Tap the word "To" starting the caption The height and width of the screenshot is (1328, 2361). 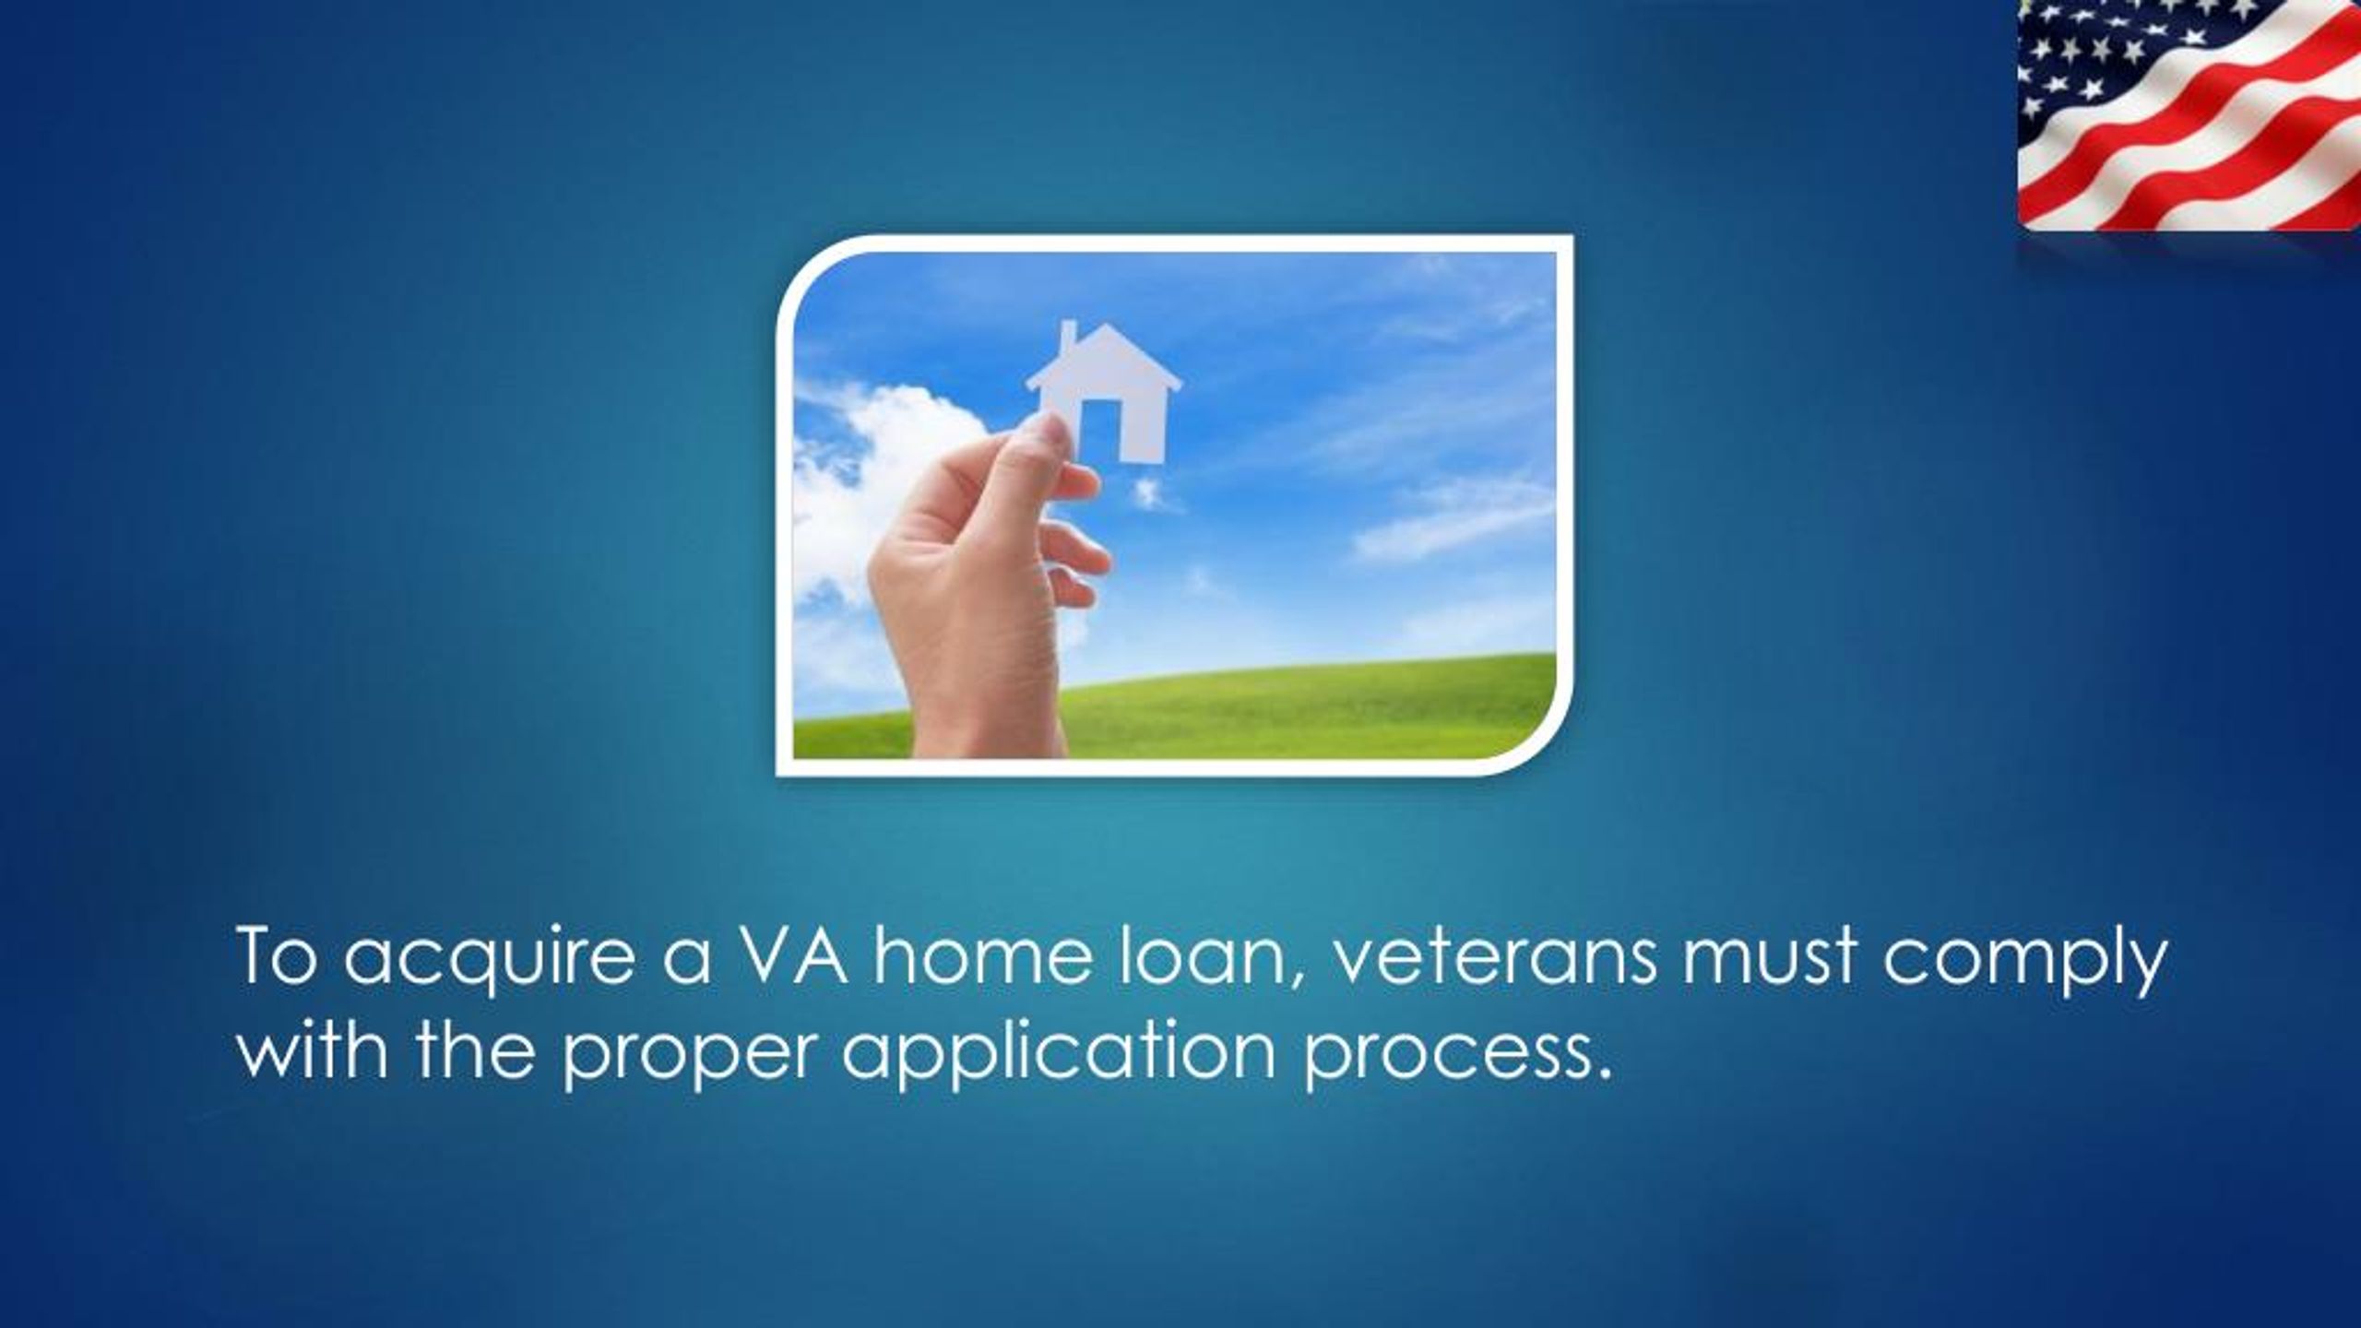[278, 960]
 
